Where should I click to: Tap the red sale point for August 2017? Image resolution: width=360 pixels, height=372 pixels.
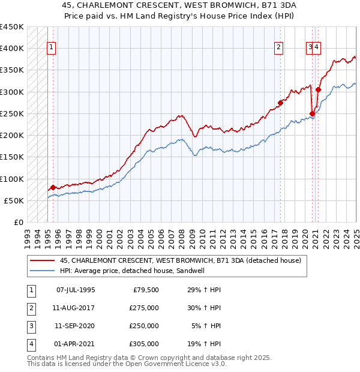point(280,102)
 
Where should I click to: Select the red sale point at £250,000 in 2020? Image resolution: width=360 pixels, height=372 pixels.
point(312,113)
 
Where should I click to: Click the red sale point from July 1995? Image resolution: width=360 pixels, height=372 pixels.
point(53,187)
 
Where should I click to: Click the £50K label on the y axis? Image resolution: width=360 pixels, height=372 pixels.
point(14,200)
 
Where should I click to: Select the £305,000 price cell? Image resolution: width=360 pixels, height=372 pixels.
point(144,344)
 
